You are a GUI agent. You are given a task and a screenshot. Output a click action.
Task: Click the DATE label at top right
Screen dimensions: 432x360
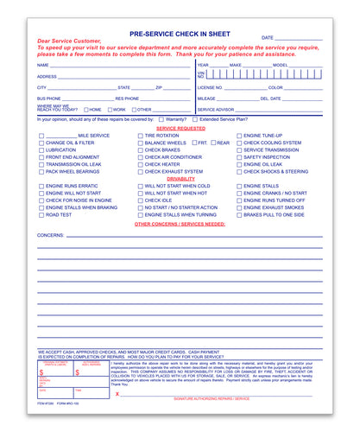[x=268, y=38]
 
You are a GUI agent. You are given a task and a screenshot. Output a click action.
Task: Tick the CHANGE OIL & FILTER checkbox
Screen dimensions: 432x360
[x=41, y=143]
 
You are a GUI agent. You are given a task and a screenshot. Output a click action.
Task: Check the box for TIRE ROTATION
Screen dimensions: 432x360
[x=140, y=136]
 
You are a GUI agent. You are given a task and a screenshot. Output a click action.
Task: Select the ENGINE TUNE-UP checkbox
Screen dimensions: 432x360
[x=239, y=136]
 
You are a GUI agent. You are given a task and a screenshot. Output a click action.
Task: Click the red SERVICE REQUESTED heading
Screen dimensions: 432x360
[x=180, y=128]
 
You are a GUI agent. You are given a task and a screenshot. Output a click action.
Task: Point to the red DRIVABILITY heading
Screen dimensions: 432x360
[x=180, y=178]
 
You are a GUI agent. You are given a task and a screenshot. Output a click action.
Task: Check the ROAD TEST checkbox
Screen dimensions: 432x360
[x=41, y=214]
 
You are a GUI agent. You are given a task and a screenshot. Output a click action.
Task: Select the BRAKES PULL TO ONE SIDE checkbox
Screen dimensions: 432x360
[x=239, y=214]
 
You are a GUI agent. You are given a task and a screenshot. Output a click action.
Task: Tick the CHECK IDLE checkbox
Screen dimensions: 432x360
[x=140, y=200]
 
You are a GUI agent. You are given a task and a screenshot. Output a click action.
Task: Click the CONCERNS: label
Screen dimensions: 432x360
[x=50, y=235]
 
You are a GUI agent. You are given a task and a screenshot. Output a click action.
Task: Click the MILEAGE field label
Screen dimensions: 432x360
[x=206, y=98]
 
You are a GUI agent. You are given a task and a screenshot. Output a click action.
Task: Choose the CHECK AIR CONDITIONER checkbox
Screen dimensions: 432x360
[x=140, y=157]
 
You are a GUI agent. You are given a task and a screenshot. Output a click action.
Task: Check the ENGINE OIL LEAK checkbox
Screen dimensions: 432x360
[x=239, y=164]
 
